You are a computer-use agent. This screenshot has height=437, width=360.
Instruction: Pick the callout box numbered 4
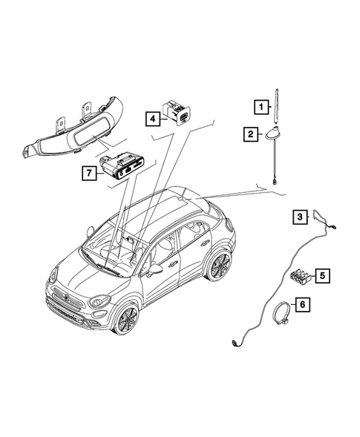point(151,118)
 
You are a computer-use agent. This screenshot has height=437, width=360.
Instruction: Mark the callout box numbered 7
point(89,173)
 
